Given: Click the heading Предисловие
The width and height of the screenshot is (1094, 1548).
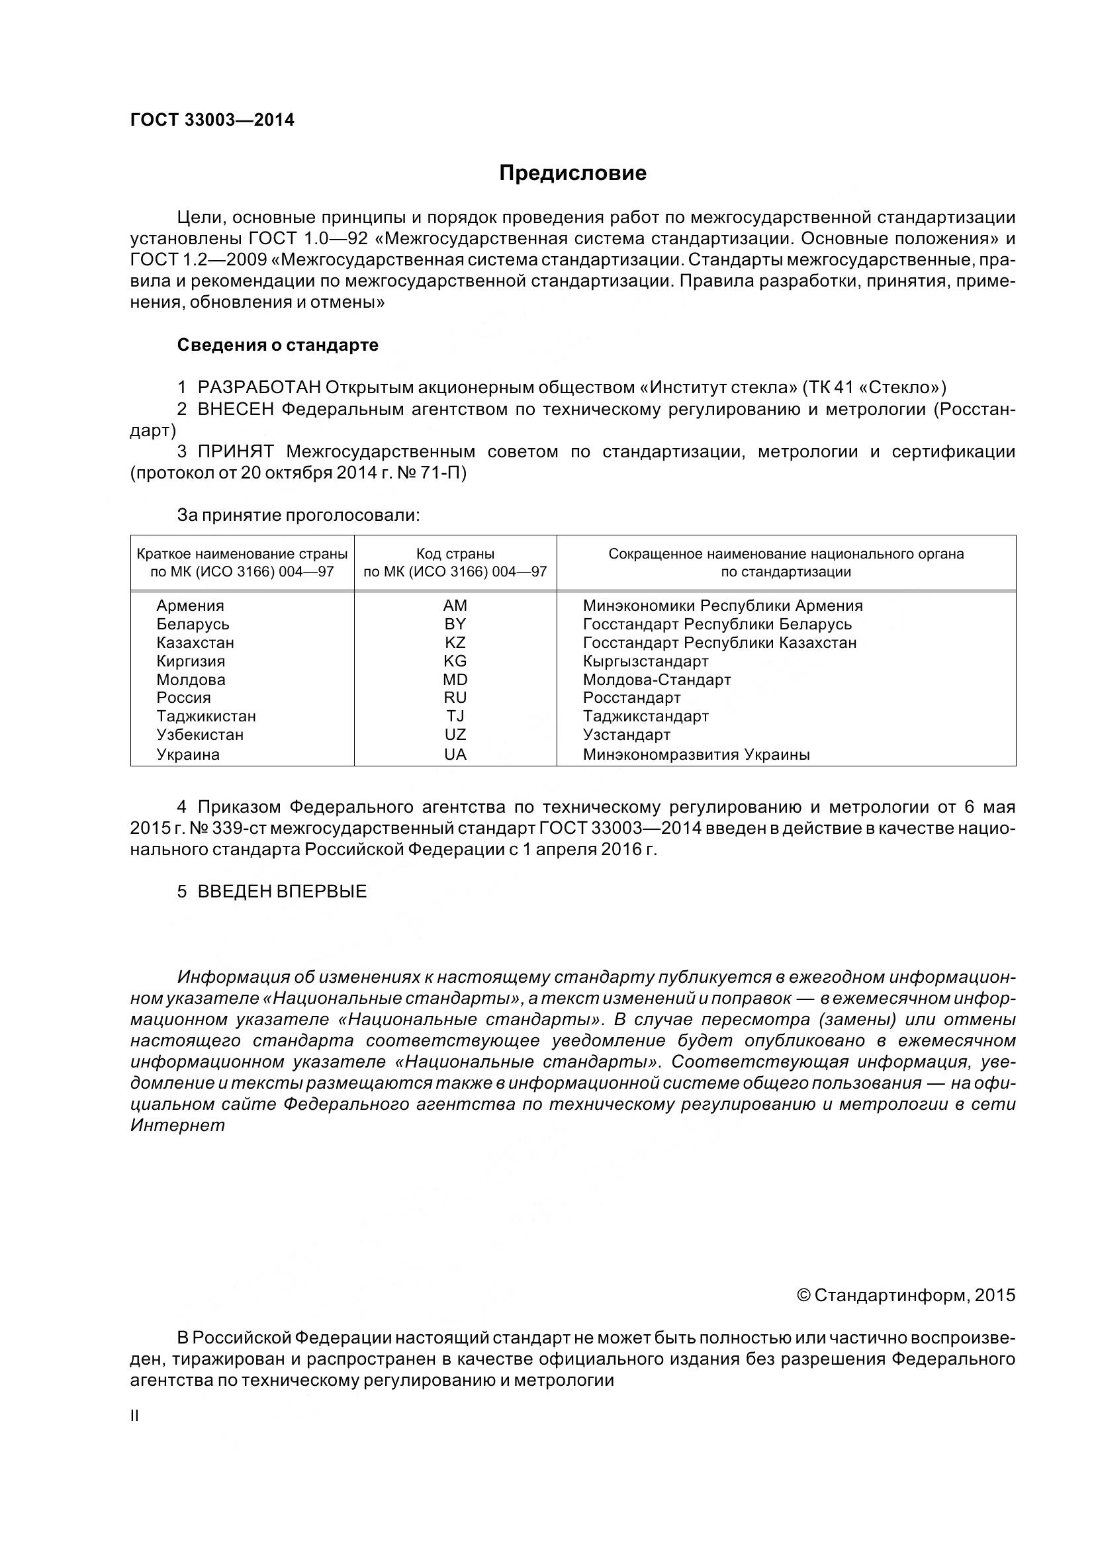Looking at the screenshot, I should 572,173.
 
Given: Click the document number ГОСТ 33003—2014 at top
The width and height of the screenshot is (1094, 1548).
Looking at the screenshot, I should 212,120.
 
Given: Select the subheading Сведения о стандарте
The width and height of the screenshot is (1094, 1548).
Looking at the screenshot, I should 278,345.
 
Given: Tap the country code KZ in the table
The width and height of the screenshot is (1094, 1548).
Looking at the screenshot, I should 455,643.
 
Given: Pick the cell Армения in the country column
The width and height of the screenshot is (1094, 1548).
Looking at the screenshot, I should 190,606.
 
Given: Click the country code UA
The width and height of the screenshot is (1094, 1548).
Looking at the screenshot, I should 455,754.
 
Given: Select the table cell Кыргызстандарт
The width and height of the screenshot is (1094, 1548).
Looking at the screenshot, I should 645,661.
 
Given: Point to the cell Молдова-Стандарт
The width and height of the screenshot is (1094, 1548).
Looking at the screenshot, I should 657,680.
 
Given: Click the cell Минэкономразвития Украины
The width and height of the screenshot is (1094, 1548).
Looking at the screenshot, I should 696,754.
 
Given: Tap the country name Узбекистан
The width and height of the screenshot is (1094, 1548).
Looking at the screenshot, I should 199,735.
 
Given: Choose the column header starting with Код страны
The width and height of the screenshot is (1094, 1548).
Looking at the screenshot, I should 455,563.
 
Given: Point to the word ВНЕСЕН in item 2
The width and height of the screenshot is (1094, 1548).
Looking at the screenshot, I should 236,409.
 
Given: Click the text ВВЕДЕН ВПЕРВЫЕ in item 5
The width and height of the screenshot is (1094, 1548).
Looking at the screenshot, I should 282,891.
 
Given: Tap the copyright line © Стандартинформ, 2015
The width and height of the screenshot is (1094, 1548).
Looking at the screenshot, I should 905,1295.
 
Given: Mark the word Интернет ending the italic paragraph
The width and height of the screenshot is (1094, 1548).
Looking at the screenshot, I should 177,1125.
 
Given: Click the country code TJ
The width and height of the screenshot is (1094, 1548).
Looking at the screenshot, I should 455,716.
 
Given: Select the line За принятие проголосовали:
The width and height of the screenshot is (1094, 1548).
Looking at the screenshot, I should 298,516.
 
